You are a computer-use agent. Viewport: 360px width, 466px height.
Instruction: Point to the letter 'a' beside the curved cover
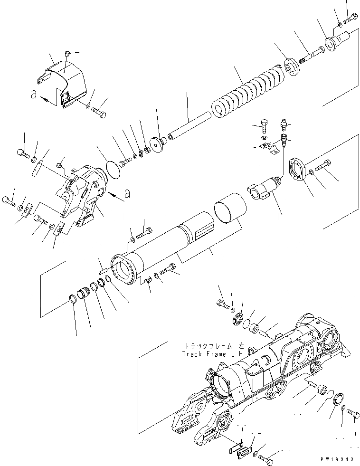(33, 95)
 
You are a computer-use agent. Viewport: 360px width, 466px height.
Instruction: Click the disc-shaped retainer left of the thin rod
(157, 144)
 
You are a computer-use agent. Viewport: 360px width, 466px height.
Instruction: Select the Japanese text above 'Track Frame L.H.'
(207, 346)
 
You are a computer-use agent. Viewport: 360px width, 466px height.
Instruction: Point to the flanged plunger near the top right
(337, 39)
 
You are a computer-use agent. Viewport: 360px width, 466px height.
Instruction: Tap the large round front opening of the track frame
(223, 386)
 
